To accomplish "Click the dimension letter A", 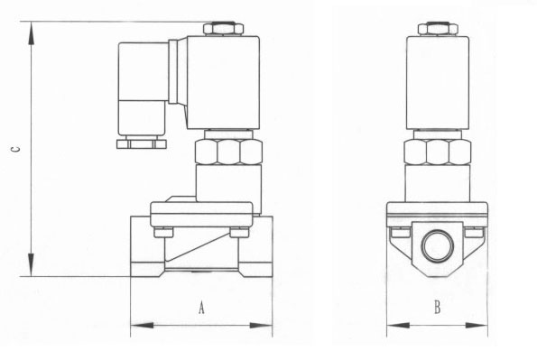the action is [x=202, y=308].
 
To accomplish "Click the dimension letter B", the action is [x=438, y=308].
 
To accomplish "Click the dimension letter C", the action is [x=15, y=149].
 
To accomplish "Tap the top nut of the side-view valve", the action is [x=223, y=29].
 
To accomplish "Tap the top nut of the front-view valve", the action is [x=438, y=29].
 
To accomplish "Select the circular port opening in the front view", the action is [x=438, y=245].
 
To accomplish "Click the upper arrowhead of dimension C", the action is [x=32, y=32].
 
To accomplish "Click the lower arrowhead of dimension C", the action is [x=32, y=264].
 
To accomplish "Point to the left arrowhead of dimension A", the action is [x=142, y=325].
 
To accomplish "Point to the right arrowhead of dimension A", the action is [x=261, y=325].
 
